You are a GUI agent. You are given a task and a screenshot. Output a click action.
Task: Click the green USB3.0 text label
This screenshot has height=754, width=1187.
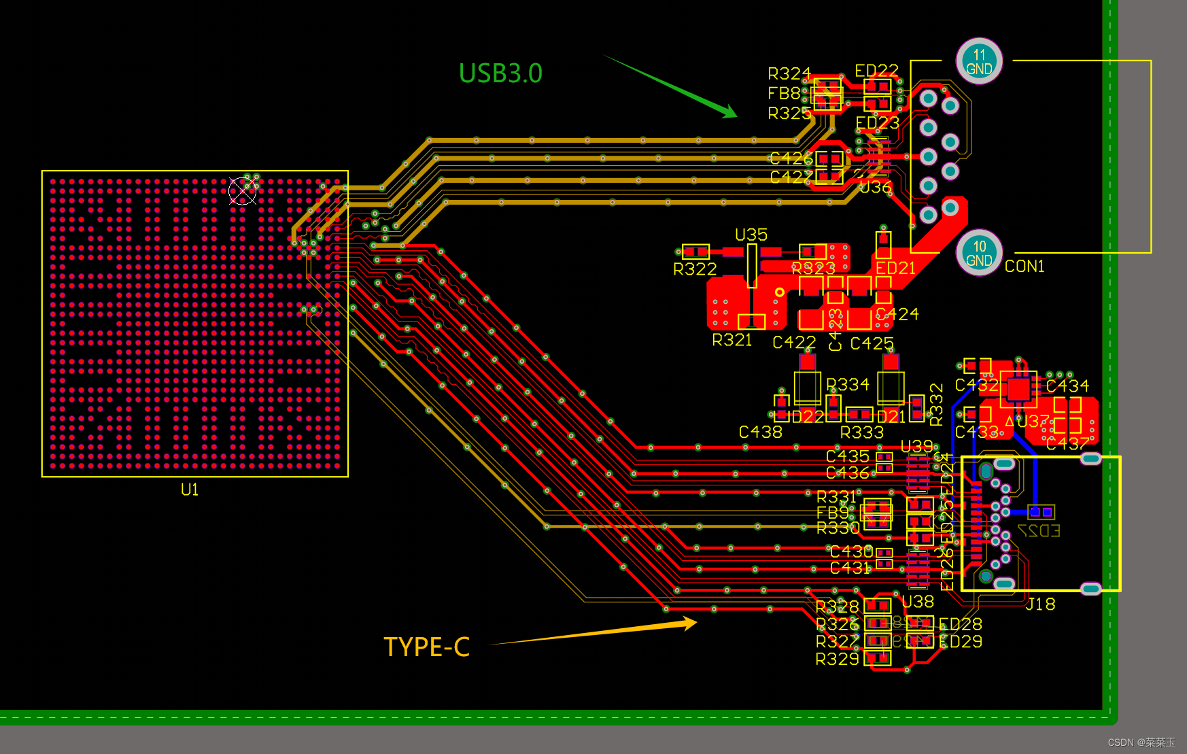point(500,73)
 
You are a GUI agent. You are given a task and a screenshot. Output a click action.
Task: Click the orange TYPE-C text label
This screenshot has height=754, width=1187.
point(427,647)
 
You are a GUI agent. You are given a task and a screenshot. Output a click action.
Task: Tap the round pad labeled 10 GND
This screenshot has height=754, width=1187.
point(979,253)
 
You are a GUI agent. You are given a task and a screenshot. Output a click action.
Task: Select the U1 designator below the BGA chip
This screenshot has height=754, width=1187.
point(190,490)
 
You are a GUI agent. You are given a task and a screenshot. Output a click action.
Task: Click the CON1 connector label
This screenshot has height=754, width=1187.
point(1024,267)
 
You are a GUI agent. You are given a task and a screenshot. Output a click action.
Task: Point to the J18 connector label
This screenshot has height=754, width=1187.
point(1040,604)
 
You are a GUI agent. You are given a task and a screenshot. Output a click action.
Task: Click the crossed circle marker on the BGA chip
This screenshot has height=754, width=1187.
point(243,191)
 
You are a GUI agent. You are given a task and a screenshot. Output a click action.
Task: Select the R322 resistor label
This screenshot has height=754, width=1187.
point(695,269)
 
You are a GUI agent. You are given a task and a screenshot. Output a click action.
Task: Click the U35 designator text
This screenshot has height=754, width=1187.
point(751,235)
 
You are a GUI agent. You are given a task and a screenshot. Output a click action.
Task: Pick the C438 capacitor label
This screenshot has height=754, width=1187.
point(760,432)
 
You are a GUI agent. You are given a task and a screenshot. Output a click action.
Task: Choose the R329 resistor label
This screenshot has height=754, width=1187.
point(837,659)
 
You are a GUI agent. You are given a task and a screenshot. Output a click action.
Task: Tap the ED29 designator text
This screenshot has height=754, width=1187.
point(960,642)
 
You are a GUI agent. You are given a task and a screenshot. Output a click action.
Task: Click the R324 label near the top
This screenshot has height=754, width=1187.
point(789,73)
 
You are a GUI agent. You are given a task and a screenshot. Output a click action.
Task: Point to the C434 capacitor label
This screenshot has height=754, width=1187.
point(1067,386)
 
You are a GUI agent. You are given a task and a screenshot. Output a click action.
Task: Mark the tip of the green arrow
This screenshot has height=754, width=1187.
point(736,116)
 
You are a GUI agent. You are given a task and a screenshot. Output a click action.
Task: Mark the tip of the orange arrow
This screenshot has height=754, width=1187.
point(696,621)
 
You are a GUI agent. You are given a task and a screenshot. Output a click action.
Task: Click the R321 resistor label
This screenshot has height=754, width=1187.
point(732,340)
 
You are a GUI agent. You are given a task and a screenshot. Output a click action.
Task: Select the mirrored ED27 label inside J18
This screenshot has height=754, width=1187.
point(1039,531)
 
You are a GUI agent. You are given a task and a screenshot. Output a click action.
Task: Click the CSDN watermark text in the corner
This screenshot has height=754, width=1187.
point(1141,742)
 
